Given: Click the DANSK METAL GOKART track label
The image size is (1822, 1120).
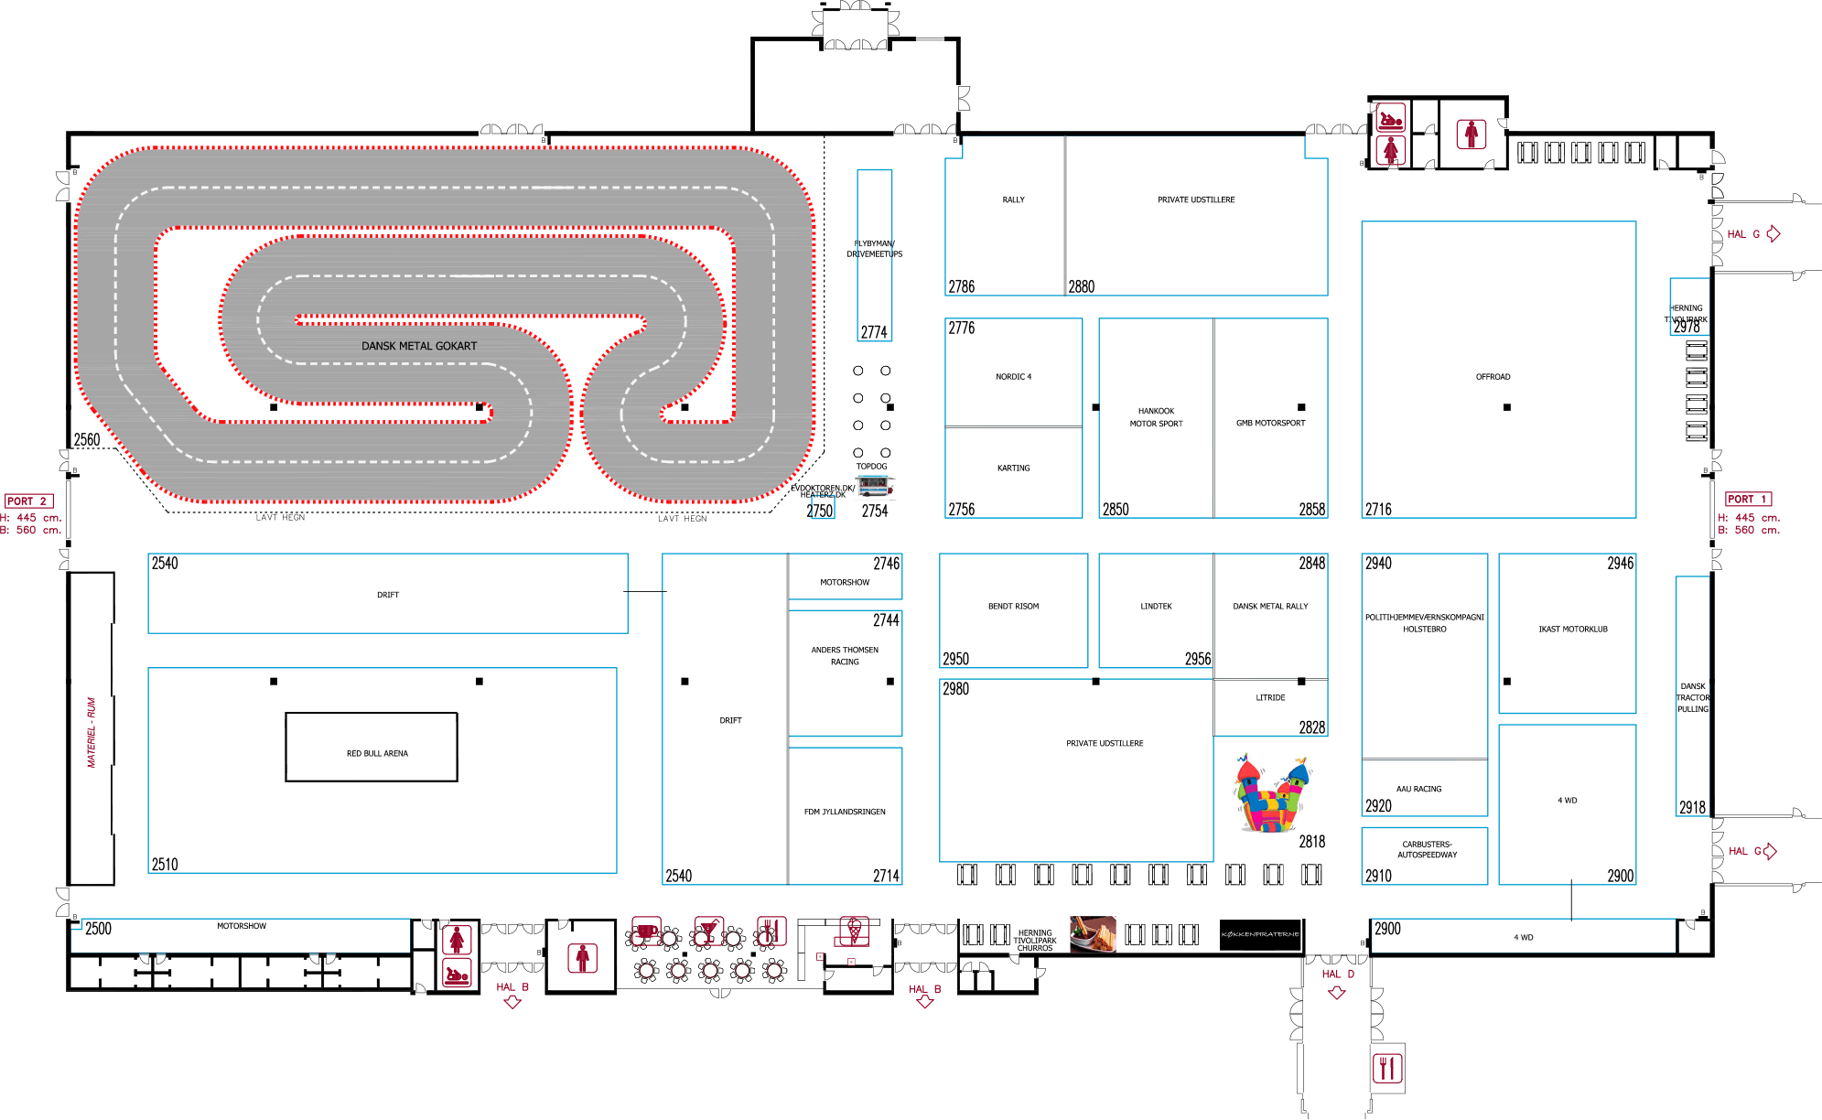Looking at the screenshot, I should pos(418,346).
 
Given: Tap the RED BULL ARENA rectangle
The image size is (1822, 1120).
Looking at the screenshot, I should pos(372,748).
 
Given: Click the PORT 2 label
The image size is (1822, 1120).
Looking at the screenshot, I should pos(28,501).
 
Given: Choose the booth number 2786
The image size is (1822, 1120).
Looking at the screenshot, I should pos(961,286).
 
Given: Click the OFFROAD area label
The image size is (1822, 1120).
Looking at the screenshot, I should pos(1493,377).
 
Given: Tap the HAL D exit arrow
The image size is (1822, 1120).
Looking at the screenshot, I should pos(1337,993).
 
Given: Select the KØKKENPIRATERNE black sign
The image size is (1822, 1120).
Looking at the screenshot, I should pos(1259,934).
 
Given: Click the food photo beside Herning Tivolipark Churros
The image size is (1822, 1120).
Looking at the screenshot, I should pos(1093,934).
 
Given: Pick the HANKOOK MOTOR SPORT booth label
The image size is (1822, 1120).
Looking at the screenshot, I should pos(1156,417).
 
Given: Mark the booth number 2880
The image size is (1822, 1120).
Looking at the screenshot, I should pos(1081,286).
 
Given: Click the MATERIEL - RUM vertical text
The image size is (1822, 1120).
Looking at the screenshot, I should pos(92,732).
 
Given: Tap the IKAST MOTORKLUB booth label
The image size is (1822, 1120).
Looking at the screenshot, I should pos(1572,630).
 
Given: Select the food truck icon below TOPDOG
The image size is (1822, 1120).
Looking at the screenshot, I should pos(876,487).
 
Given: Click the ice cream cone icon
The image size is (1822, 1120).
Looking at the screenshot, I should pos(854,932).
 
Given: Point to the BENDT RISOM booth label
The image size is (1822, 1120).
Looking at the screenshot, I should pos(1013,607).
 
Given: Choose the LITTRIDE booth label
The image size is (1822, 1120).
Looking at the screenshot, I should pos(1270,698).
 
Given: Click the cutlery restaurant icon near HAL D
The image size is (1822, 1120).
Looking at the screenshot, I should pos(1387,1068).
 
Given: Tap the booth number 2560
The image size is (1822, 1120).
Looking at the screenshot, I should pos(87,439).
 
